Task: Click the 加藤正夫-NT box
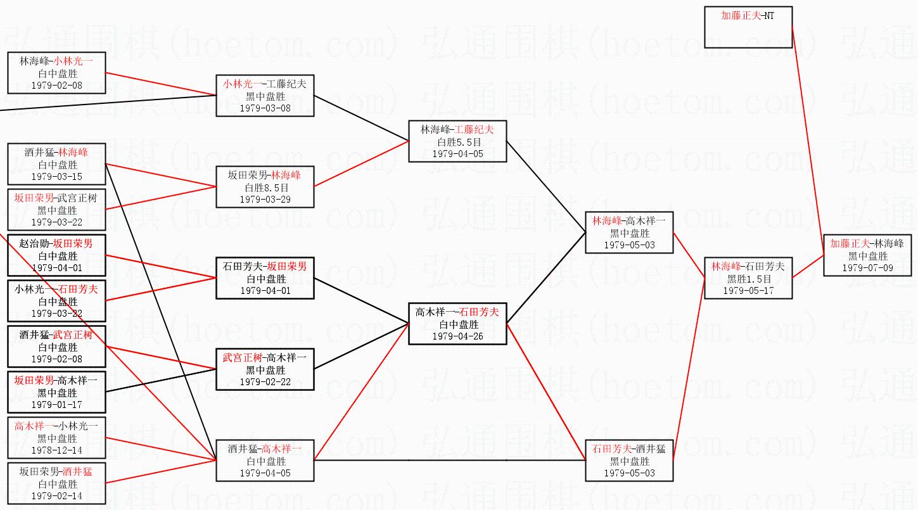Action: [748, 27]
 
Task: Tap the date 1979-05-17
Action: [748, 291]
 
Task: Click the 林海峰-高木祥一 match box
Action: [629, 233]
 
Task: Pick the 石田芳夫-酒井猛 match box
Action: [629, 461]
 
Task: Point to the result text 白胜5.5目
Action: [457, 142]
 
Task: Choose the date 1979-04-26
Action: [457, 336]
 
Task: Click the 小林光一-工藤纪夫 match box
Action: [265, 96]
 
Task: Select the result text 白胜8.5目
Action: [265, 188]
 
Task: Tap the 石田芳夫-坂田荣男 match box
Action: [265, 278]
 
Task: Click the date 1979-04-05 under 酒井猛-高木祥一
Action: [265, 473]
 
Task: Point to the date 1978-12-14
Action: [56, 450]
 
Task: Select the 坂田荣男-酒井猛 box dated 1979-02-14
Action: [56, 483]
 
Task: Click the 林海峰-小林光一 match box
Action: [56, 73]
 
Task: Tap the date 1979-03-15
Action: [56, 177]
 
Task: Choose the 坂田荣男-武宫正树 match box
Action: [56, 210]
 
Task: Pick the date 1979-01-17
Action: [56, 405]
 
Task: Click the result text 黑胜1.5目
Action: [748, 279]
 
